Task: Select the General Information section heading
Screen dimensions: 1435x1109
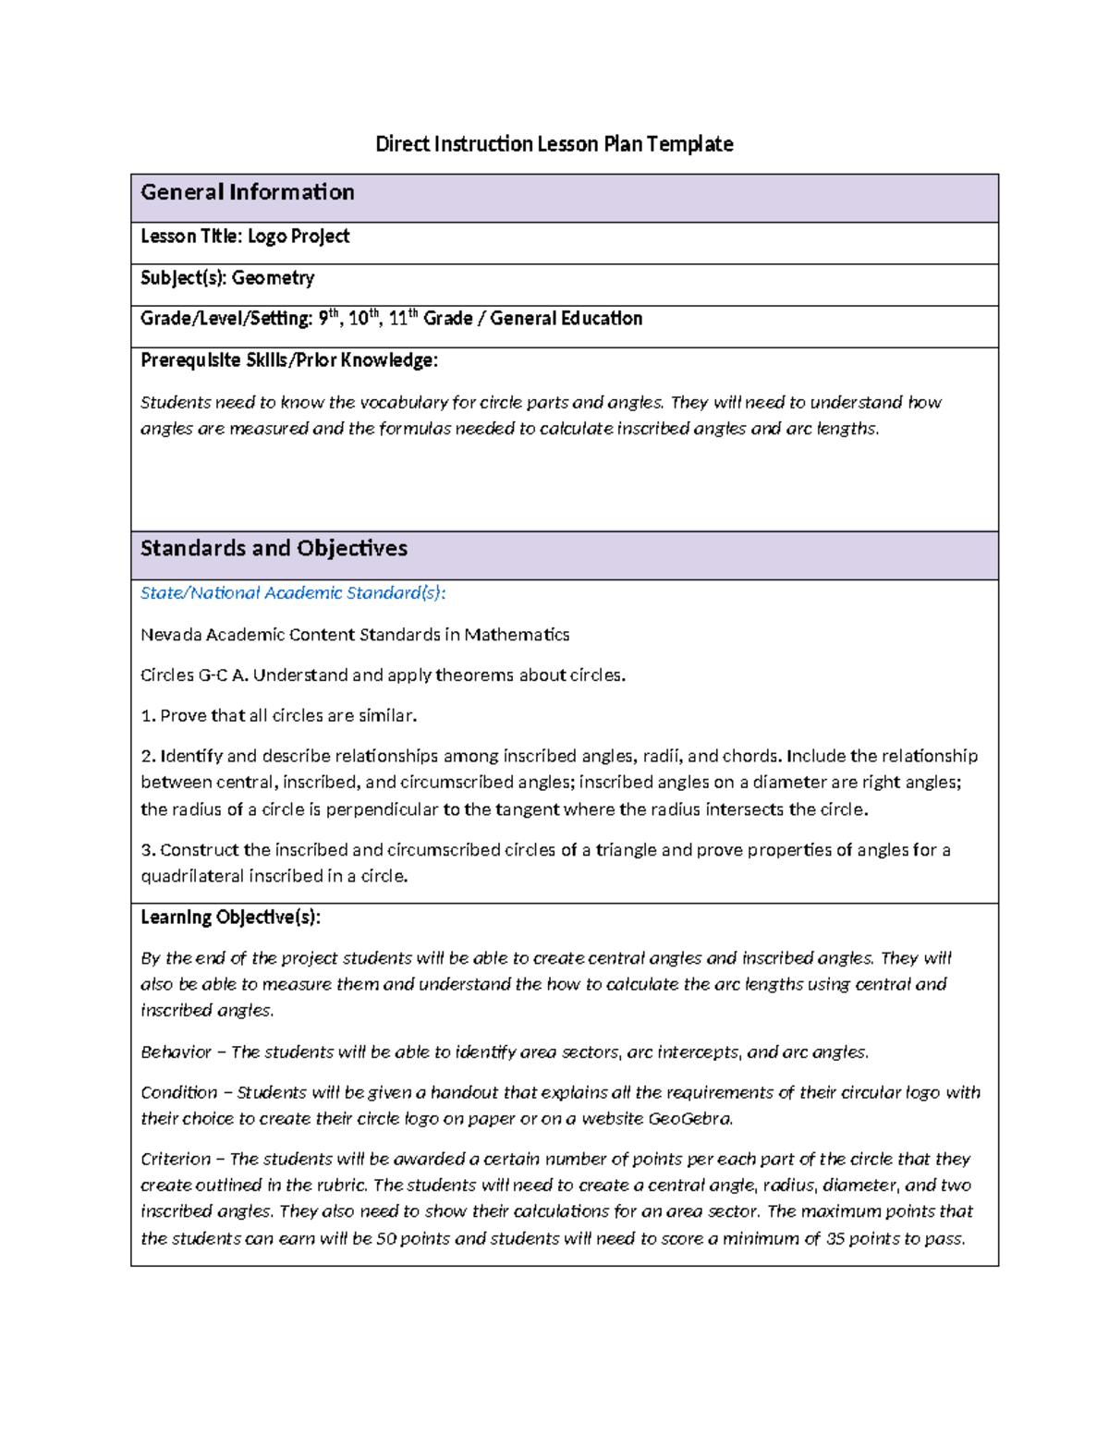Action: point(247,192)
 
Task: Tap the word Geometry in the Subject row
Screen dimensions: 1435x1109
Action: point(273,278)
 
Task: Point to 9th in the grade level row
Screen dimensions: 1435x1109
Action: point(329,318)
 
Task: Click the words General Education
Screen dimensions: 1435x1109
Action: point(566,319)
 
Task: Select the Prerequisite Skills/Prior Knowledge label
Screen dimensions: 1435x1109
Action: point(288,360)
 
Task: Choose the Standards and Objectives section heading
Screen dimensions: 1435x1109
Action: point(274,549)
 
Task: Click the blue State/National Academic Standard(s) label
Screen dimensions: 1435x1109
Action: point(292,593)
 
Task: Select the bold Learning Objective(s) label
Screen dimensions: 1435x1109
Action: point(230,918)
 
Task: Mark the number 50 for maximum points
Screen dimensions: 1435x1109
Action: point(385,1239)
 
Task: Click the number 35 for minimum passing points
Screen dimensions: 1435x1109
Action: point(835,1239)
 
